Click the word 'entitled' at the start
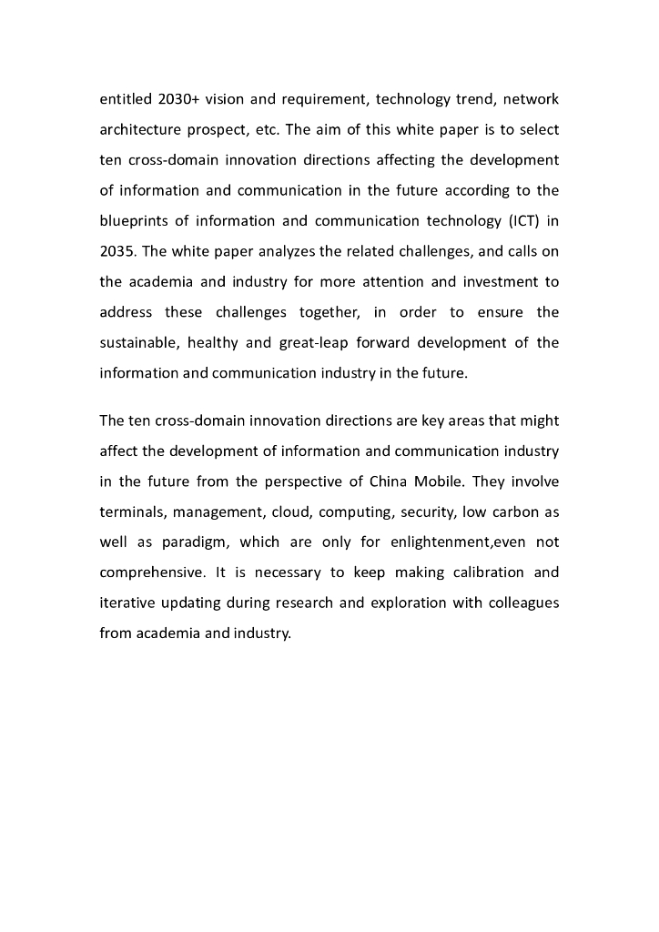pos(125,98)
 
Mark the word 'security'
pos(427,512)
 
